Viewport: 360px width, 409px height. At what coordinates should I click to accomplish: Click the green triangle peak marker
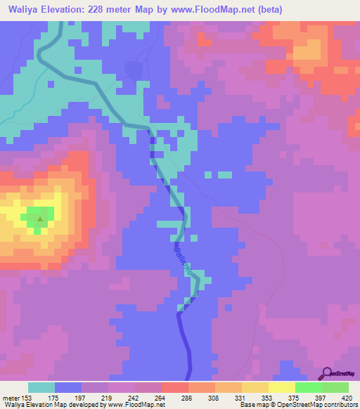coord(40,219)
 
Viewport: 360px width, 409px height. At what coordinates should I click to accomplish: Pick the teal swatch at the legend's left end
coord(41,387)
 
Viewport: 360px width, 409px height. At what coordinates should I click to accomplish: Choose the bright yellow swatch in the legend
coord(282,387)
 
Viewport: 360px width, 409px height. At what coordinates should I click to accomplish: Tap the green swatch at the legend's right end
coord(335,387)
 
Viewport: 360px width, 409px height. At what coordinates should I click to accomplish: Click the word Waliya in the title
coord(24,11)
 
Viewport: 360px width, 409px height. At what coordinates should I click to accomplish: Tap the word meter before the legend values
coord(12,397)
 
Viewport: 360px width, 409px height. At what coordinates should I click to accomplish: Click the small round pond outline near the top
coord(131,69)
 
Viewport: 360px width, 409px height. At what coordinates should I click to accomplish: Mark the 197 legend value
coord(82,397)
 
